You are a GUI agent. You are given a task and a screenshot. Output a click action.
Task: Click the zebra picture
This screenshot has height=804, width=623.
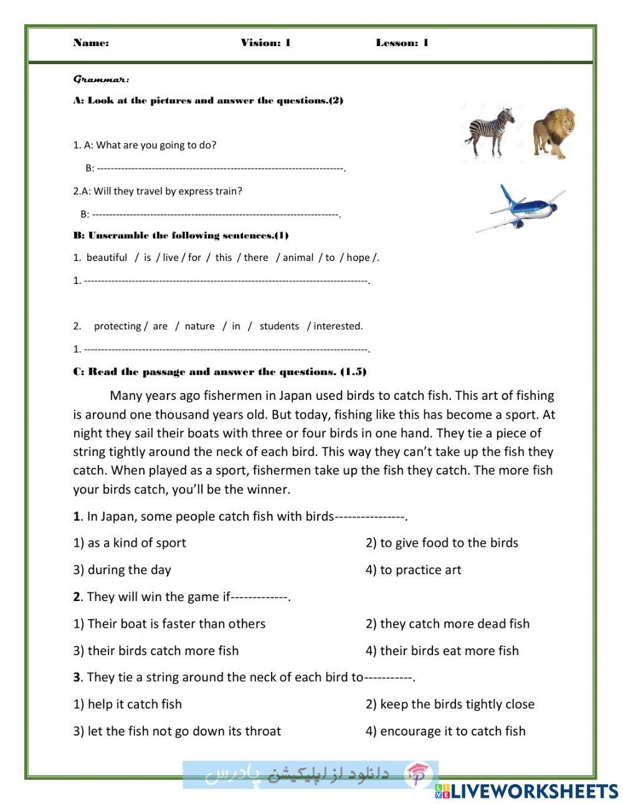pos(490,131)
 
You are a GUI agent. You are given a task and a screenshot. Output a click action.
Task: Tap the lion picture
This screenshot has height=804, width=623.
pos(553,133)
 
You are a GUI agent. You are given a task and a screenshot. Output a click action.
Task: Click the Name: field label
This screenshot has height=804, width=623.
pos(91,43)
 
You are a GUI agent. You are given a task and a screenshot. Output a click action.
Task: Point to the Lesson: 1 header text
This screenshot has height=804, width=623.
pos(402,43)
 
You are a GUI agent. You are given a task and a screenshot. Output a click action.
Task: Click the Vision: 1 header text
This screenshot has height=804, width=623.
pos(265,43)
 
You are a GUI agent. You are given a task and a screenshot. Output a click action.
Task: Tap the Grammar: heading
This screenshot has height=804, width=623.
pos(102,79)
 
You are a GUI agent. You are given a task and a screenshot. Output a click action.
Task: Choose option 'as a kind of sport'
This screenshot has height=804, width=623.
pos(130,543)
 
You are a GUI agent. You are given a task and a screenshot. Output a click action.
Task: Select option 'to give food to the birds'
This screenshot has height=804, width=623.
pos(442,543)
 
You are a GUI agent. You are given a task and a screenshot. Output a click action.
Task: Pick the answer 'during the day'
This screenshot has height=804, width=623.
pos(122,570)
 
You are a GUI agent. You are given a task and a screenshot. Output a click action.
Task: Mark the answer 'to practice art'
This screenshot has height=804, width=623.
pos(413,570)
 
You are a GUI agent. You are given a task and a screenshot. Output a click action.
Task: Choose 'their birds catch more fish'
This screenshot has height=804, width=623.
pos(156,651)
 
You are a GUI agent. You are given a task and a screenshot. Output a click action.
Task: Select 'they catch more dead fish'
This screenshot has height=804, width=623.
pos(447,624)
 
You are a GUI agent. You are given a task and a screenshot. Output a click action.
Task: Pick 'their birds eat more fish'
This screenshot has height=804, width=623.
pos(442,651)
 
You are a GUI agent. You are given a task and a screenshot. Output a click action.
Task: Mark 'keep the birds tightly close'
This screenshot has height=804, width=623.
pos(450,704)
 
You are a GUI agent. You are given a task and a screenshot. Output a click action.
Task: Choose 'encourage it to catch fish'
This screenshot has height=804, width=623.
pos(445,731)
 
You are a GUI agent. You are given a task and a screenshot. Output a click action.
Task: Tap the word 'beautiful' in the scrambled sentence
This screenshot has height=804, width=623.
pos(107,258)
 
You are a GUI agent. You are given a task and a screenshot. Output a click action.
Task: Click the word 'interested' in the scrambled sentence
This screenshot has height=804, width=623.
pos(337,326)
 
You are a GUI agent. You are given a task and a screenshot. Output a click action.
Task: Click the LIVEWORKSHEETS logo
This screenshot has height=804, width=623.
pos(526,792)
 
